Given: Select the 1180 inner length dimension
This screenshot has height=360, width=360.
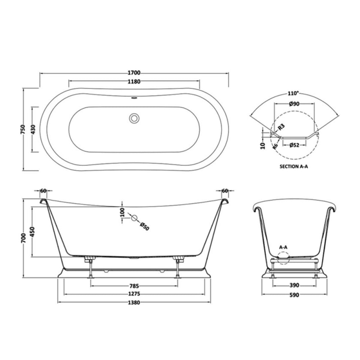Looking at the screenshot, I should pos(134,81).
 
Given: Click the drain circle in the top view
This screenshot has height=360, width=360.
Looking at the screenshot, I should pos(135,117).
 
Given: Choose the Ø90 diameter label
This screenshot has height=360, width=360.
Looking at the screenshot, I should pos(294,104).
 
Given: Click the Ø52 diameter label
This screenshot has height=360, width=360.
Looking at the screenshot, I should pos(294,145).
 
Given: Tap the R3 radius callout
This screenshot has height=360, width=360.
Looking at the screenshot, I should pos(281,127).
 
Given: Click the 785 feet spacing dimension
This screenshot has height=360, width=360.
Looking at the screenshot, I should pos(134,286).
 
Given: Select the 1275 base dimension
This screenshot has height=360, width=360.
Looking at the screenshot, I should pos(134,294).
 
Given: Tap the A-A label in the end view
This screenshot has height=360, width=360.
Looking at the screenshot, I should pos(283,248).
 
